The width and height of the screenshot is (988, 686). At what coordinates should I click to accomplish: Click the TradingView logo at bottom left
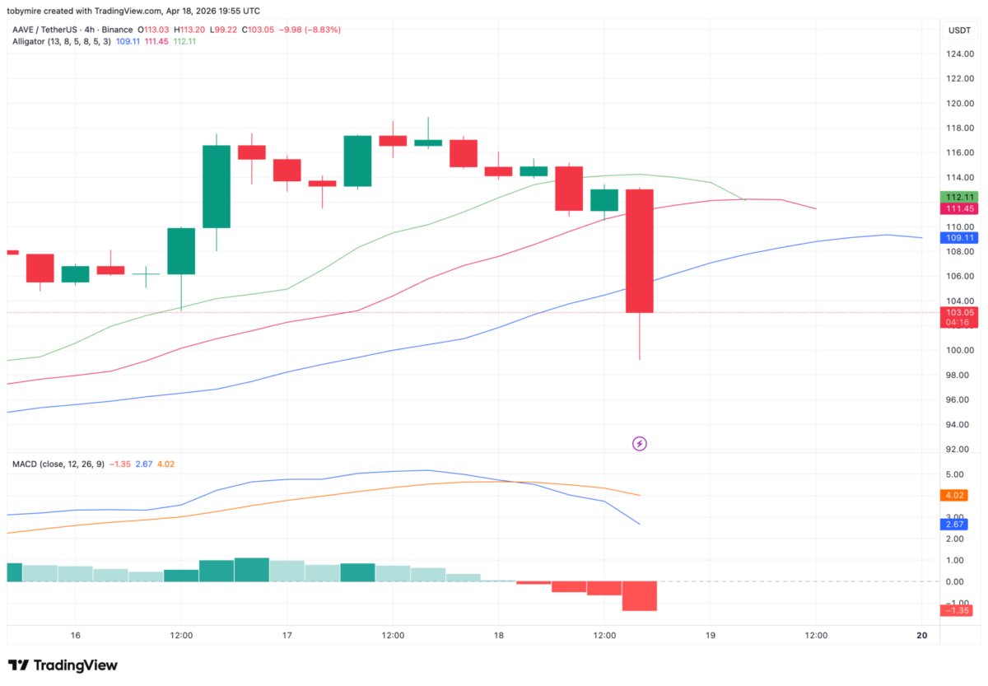(63, 665)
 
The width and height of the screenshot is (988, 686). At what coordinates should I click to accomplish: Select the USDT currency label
(959, 30)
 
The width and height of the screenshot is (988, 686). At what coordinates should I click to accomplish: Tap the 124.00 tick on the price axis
(960, 54)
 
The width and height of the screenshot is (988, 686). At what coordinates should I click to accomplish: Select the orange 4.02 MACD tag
(955, 496)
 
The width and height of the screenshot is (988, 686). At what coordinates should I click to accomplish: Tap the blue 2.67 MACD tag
(955, 525)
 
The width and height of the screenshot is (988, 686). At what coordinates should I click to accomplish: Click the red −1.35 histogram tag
(955, 610)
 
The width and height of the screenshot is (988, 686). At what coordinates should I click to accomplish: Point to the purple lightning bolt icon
(640, 444)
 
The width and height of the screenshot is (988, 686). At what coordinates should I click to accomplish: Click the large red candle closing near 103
(640, 250)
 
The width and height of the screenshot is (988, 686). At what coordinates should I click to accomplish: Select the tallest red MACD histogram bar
(640, 595)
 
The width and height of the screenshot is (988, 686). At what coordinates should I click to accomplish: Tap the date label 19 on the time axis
(711, 635)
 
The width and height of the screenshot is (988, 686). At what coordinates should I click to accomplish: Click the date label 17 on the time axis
(287, 635)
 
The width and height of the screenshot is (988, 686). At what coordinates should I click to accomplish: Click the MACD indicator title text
(26, 464)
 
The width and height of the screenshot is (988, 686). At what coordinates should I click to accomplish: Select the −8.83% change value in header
(322, 30)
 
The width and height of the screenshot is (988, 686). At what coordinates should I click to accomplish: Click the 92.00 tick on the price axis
(960, 449)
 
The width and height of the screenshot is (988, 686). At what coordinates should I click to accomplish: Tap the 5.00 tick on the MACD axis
(955, 474)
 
